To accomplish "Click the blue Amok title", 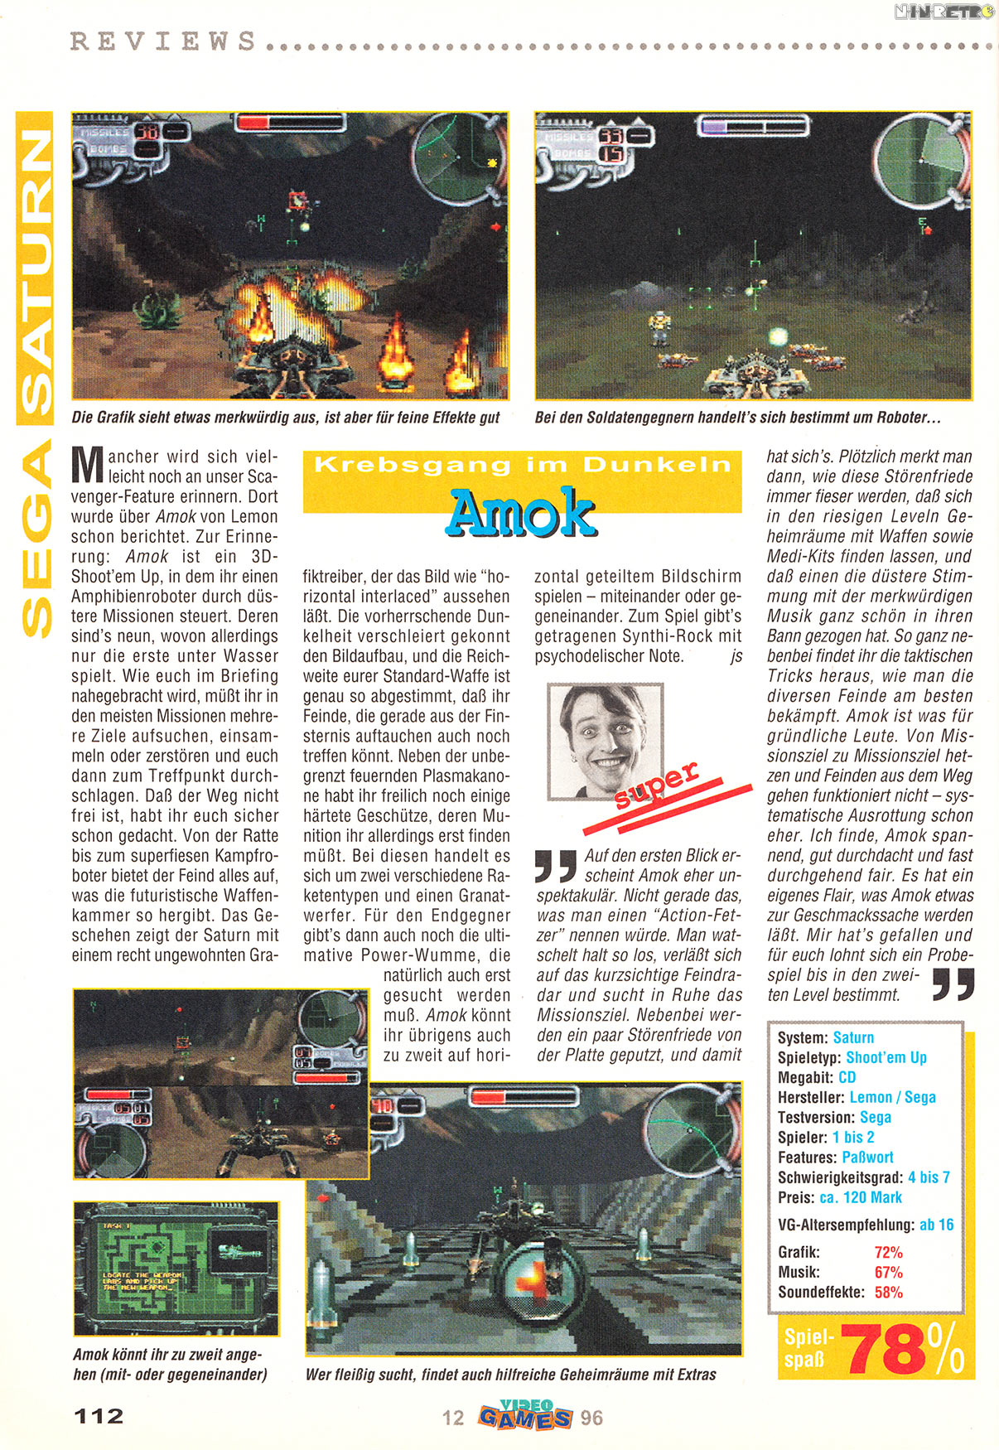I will pos(521,513).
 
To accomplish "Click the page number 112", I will pos(99,1416).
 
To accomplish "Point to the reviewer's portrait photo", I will pos(606,741).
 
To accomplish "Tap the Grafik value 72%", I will pos(888,1252).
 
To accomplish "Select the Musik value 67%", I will pos(888,1272).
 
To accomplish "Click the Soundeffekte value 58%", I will pos(888,1292).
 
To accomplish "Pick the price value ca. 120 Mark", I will pos(860,1197).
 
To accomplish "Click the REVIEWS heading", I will pos(163,41).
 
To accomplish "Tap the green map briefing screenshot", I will pos(176,1268).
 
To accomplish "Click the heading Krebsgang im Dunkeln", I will pos(522,465).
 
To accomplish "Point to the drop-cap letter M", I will pos(87,466).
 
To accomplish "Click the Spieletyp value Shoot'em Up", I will pos(886,1057).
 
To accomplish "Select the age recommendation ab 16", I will pos(936,1225).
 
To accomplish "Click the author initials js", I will pos(736,656).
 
